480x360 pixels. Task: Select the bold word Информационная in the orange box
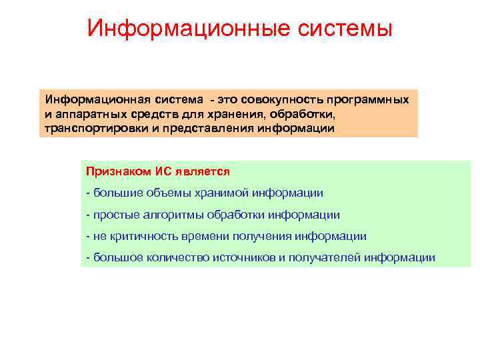(x=90, y=99)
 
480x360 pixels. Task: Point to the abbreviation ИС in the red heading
(x=163, y=171)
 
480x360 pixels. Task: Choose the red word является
(x=203, y=171)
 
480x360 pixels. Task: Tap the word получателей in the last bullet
(x=325, y=257)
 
